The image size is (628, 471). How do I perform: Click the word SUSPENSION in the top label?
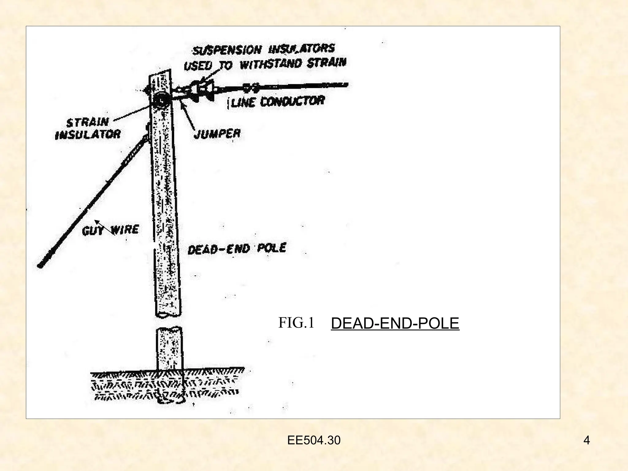click(227, 50)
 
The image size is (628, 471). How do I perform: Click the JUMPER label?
click(217, 134)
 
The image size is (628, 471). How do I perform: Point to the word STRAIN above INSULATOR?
click(88, 122)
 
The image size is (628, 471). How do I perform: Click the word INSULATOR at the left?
click(88, 134)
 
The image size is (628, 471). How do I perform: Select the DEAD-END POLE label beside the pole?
click(237, 248)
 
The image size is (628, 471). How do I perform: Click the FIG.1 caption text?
click(296, 323)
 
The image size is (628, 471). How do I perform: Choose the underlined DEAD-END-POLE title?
click(395, 324)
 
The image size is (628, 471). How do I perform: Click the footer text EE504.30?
click(314, 440)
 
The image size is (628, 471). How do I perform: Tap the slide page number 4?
click(587, 440)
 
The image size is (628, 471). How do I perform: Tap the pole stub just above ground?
click(169, 350)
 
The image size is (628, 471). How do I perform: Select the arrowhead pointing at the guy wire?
click(97, 222)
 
